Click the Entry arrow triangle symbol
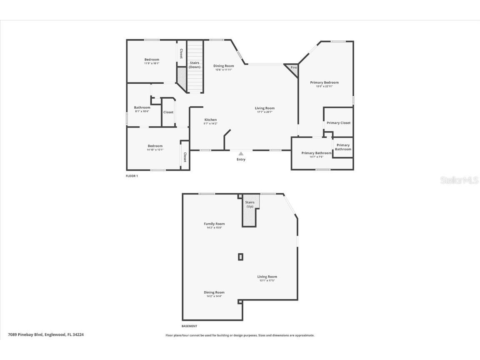point(241,154)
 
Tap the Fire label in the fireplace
point(293,67)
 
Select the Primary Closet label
point(338,123)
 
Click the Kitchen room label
point(210,120)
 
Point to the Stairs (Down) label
point(195,65)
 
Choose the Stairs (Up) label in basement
point(250,204)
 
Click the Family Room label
point(214,224)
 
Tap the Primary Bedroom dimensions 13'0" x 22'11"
point(324,86)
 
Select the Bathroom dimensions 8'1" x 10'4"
point(142,111)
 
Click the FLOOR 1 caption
point(132,176)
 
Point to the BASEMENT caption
point(189,326)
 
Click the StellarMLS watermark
point(460,180)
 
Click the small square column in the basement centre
point(240,257)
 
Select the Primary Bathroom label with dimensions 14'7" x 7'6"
point(317,155)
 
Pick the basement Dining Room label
point(214,292)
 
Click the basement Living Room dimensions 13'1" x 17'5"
point(267,280)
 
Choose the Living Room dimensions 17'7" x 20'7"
point(265,112)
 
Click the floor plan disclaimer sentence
point(240,335)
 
